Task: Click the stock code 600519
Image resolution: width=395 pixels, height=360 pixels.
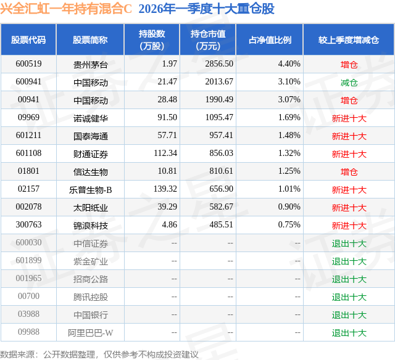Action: point(28,64)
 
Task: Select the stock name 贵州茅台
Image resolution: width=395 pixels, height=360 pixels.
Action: point(90,64)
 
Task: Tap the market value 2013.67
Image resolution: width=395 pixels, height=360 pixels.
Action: point(219,82)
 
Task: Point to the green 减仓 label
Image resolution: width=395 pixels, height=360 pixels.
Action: point(349,82)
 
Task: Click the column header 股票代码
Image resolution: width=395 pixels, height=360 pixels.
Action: point(28,40)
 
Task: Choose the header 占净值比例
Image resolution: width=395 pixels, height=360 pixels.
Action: point(270,40)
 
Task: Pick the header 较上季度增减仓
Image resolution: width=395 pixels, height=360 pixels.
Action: point(349,40)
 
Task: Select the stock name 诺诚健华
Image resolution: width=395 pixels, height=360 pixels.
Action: point(90,118)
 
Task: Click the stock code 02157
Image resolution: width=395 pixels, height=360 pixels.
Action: point(28,190)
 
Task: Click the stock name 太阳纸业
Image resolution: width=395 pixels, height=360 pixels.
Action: point(90,208)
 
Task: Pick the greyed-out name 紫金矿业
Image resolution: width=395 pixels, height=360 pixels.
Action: point(90,261)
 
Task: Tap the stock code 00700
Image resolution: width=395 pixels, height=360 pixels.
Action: point(28,297)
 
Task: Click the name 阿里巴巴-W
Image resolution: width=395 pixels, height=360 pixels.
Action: point(90,333)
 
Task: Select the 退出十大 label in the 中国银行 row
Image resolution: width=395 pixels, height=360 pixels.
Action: point(349,315)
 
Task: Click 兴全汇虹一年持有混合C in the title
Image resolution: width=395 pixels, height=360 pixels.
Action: point(67,9)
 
